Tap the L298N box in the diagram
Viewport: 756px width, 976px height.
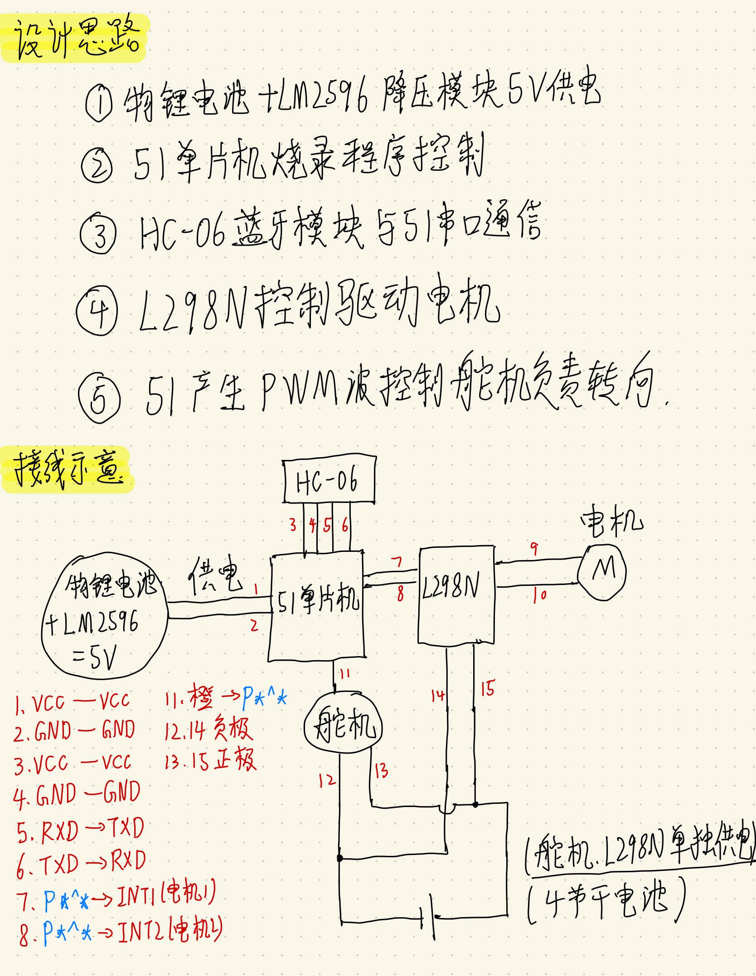point(456,594)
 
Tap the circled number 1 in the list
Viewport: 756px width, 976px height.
point(99,104)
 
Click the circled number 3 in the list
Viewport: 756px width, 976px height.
point(98,232)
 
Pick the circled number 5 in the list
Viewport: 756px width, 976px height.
point(99,397)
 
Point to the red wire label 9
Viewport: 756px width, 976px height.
point(535,549)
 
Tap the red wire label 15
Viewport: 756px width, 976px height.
point(488,689)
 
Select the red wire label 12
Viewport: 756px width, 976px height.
point(326,780)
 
